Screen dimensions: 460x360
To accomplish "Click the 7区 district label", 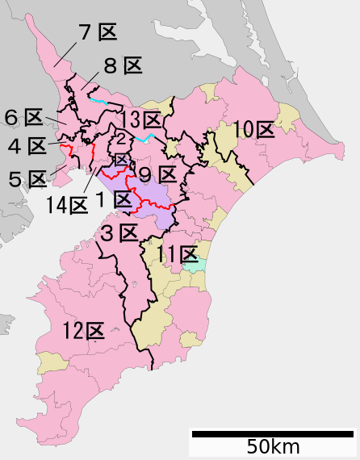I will click(98, 33).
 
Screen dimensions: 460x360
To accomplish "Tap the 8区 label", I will click(123, 66).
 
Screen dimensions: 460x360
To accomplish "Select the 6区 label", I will click(23, 118).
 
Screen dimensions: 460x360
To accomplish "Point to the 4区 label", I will click(27, 146).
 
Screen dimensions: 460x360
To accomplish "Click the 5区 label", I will click(27, 178).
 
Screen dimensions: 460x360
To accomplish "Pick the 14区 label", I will click(67, 206).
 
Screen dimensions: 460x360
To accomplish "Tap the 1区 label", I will click(114, 199).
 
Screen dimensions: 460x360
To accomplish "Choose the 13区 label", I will click(141, 120).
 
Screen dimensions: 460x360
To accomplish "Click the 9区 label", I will click(157, 174).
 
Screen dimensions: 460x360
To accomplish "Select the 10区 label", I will click(254, 129).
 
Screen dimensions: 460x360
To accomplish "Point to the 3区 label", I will click(119, 235).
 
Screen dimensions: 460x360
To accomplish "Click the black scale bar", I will click(272, 434).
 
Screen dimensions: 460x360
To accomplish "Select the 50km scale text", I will click(273, 446).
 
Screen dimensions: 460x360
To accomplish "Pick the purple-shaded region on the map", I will click(153, 202).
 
